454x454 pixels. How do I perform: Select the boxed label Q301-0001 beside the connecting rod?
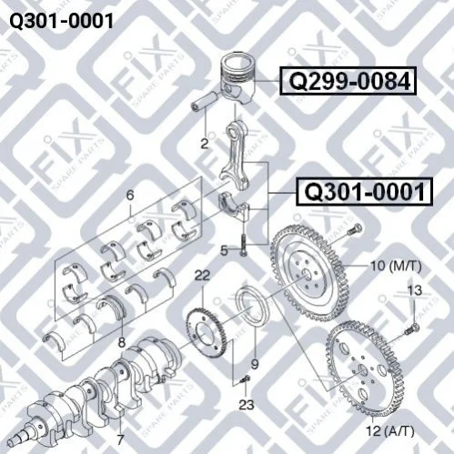364,192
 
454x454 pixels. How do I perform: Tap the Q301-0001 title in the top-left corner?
62,21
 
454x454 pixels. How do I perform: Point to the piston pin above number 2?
204,101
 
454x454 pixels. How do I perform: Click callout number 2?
205,143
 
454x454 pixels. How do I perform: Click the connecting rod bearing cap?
234,206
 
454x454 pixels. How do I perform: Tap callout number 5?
224,251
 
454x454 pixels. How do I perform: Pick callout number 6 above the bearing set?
130,196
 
